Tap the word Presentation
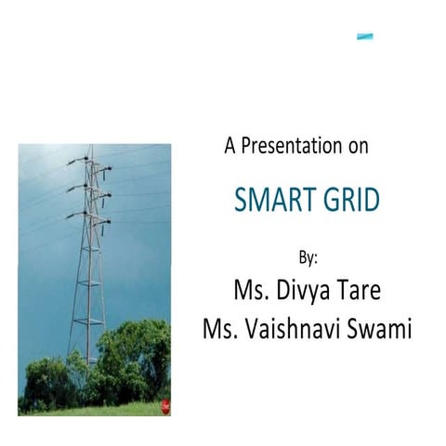click(x=292, y=146)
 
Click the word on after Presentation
click(x=358, y=146)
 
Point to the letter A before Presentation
click(x=230, y=146)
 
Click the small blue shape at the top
click(x=365, y=37)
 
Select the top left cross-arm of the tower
click(x=74, y=164)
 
